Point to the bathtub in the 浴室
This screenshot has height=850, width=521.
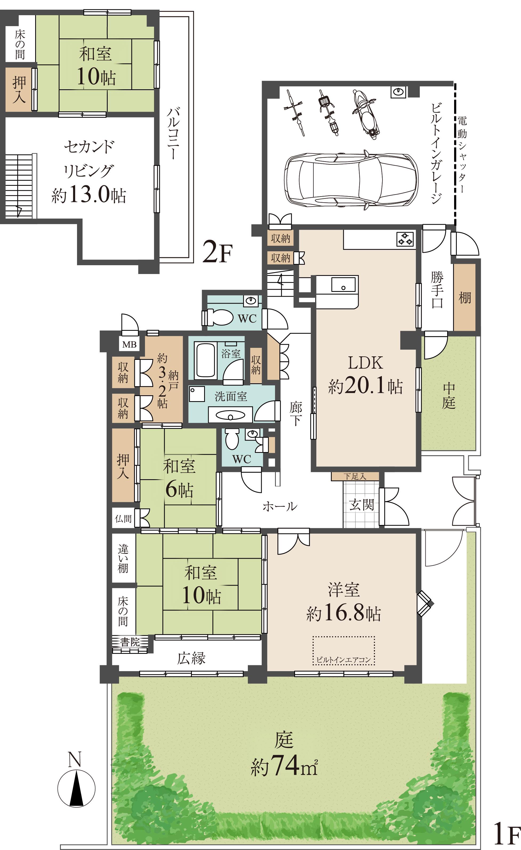206,360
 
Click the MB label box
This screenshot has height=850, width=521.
129,344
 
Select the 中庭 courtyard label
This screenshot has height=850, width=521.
449,395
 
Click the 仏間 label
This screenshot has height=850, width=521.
123,518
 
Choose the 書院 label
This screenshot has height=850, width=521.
130,642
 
